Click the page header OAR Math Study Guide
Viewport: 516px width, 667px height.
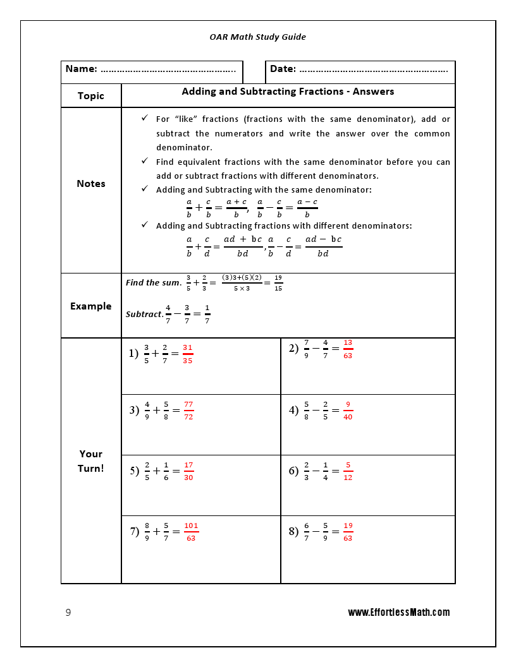click(257, 37)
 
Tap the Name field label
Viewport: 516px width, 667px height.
click(82, 69)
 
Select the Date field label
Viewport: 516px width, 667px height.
click(283, 69)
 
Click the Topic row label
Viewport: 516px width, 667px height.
click(90, 96)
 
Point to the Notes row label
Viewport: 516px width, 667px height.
click(90, 184)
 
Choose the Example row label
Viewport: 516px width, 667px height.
click(90, 306)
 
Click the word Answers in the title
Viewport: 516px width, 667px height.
click(373, 92)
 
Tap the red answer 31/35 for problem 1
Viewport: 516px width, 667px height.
click(187, 354)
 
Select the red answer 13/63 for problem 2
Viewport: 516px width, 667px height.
click(348, 349)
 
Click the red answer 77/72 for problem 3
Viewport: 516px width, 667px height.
click(188, 411)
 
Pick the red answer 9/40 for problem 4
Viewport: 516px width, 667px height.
click(348, 411)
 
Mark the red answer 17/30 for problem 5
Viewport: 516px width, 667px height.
click(188, 471)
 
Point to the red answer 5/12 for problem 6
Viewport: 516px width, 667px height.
click(348, 471)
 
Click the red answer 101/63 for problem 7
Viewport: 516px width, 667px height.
click(191, 532)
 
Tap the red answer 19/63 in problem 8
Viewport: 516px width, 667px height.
click(348, 532)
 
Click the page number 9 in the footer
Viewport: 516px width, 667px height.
click(68, 613)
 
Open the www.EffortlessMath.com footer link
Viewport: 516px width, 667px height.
click(398, 613)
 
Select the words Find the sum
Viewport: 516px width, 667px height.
click(153, 283)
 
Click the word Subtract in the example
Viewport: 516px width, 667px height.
click(144, 314)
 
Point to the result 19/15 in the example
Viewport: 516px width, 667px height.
click(278, 283)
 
